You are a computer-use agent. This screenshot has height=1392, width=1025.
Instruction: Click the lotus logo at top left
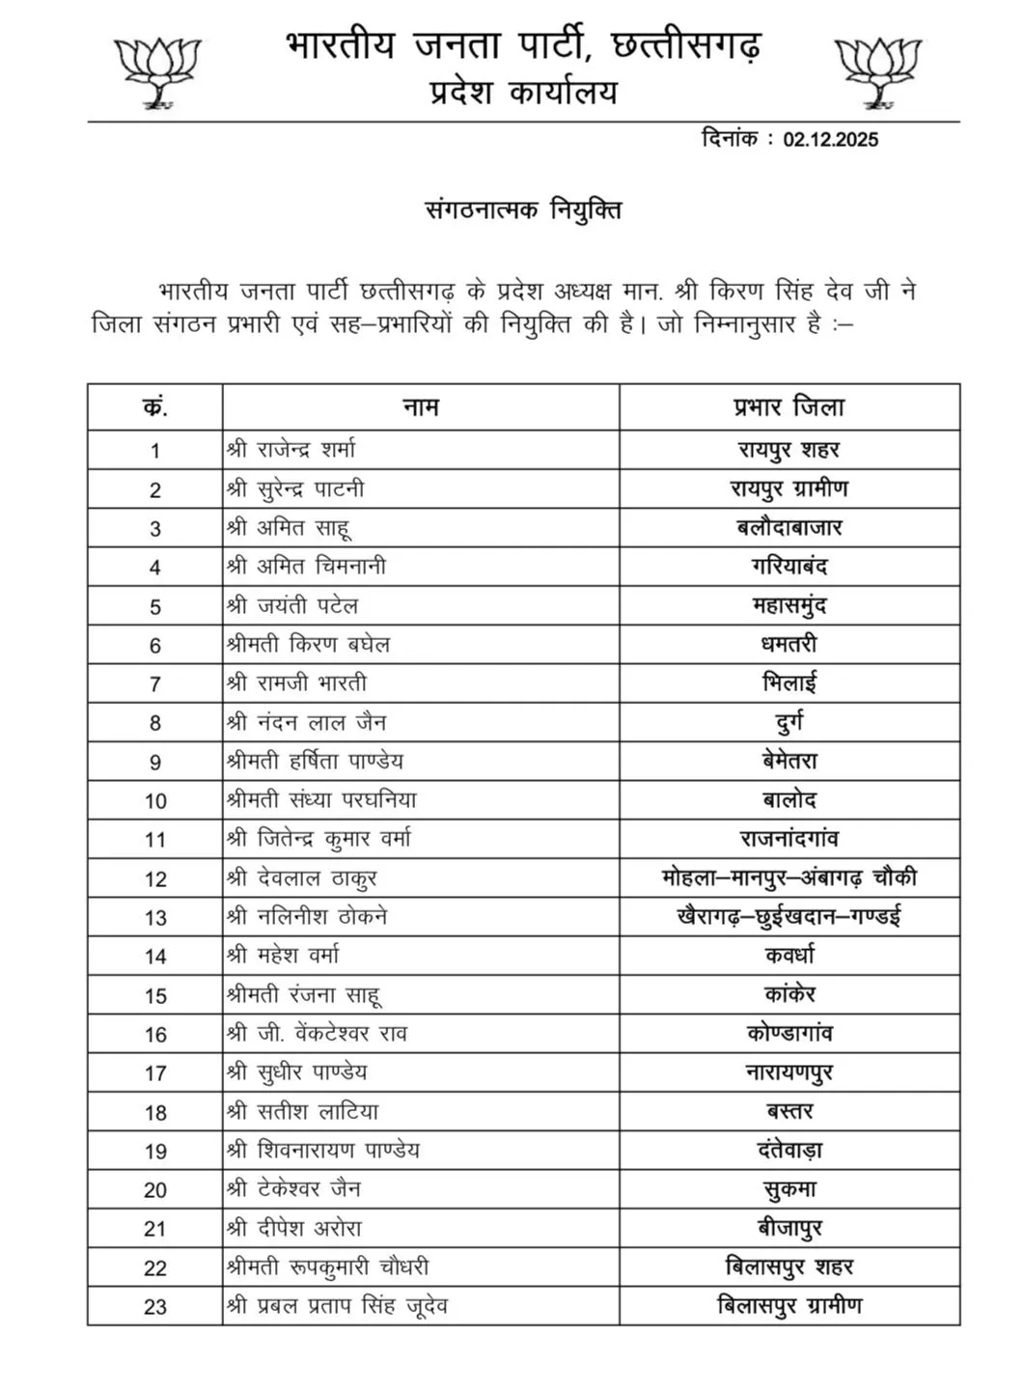[x=156, y=70]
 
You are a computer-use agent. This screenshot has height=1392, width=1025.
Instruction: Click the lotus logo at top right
[x=877, y=70]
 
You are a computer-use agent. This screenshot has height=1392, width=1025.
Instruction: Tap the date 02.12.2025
[x=830, y=139]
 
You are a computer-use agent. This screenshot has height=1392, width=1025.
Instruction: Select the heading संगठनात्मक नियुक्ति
[x=523, y=209]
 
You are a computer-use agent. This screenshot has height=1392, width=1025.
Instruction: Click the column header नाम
[x=421, y=407]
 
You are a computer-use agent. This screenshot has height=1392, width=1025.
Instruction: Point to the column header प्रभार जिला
[x=789, y=407]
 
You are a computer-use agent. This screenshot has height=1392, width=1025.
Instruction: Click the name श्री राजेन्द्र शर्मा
[x=291, y=450]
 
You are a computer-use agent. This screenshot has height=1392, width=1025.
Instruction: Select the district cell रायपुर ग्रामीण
[x=789, y=489]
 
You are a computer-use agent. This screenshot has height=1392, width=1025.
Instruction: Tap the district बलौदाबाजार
[x=789, y=528]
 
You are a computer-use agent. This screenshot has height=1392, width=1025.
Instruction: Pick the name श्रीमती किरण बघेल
[x=308, y=645]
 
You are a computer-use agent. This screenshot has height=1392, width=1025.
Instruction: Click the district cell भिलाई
[x=789, y=683]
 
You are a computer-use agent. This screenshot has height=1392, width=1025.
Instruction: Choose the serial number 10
[x=155, y=801]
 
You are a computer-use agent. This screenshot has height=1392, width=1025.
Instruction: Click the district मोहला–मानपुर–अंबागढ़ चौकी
[x=789, y=878]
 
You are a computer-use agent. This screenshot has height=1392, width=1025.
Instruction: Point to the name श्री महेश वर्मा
[x=283, y=956]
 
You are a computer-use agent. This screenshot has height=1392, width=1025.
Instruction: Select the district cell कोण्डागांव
[x=789, y=1034]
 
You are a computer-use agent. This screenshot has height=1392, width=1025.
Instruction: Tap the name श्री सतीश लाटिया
[x=303, y=1112]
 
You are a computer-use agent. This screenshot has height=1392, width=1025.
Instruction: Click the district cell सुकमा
[x=789, y=1190]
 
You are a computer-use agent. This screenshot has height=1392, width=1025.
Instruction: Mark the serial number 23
[x=155, y=1307]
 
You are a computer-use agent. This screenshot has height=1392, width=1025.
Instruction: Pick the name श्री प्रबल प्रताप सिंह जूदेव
[x=337, y=1307]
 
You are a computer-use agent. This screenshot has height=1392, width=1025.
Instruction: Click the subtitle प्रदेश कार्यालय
[x=523, y=93]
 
